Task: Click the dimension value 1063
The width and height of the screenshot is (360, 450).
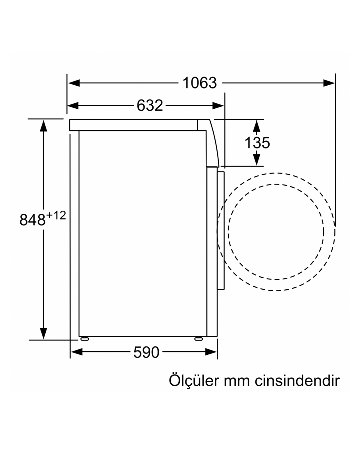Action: pyautogui.click(x=200, y=83)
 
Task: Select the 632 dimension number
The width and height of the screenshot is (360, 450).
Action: pyautogui.click(x=150, y=105)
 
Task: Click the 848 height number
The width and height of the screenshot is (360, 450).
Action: pyautogui.click(x=32, y=220)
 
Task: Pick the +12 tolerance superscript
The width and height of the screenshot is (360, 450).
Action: pyautogui.click(x=56, y=215)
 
